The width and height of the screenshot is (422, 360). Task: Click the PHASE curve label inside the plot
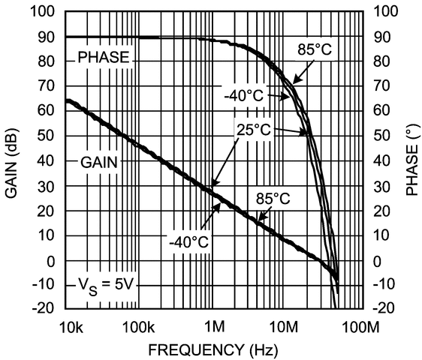104,56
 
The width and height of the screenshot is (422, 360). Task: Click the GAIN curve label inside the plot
100,161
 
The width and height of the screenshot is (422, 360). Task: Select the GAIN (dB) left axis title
13,160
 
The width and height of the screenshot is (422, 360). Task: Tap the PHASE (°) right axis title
412,160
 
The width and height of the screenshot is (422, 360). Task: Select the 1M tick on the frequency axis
215,327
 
